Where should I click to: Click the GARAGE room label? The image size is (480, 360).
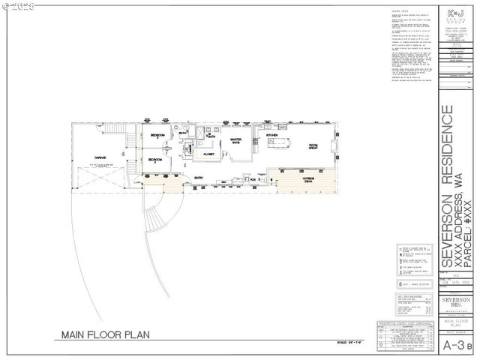(x=99, y=158)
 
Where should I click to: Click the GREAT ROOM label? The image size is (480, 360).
(x=313, y=146)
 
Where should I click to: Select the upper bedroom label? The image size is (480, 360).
(x=156, y=136)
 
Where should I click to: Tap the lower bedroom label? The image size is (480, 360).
(x=155, y=160)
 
